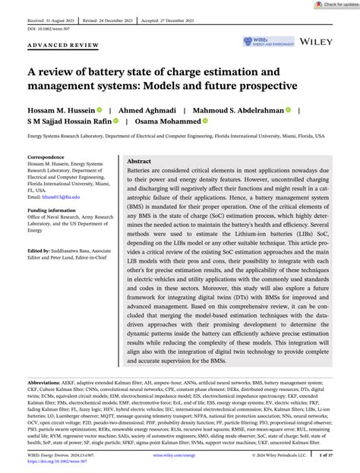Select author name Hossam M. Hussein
point(65,110)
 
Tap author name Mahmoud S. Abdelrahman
point(239,110)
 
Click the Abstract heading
point(139,162)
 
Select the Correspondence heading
point(46,157)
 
